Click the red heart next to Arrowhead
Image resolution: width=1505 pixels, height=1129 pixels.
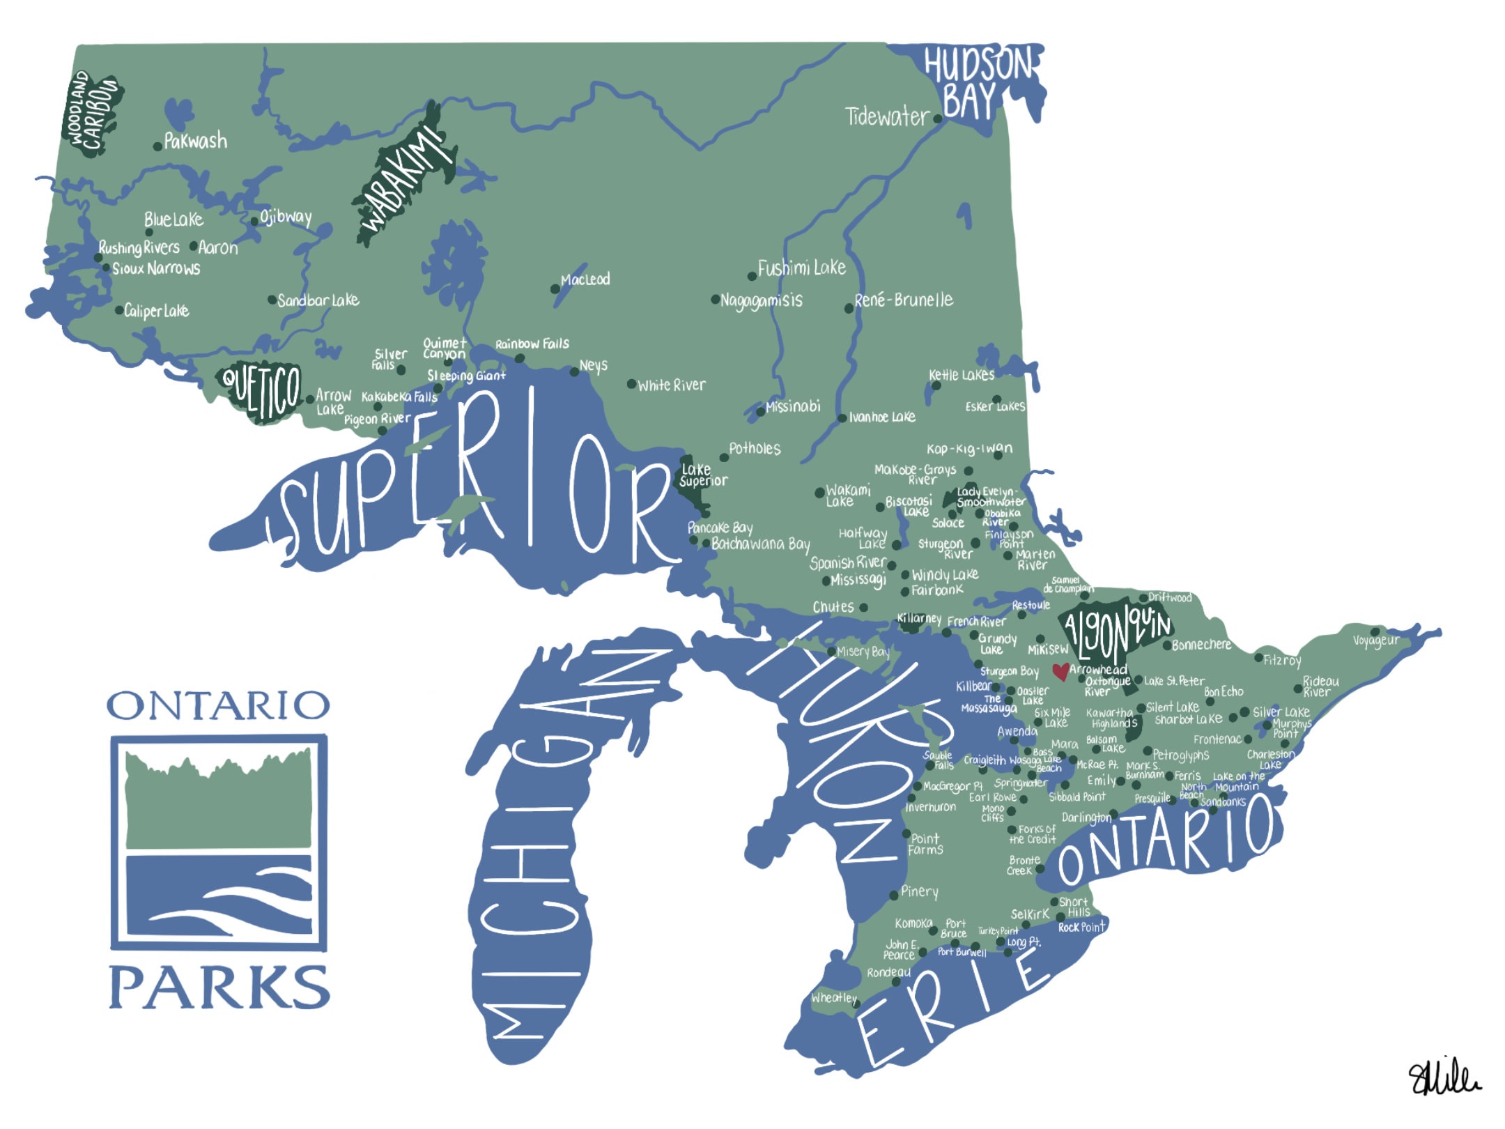coord(1060,671)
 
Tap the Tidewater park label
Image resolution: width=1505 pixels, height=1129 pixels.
coord(887,116)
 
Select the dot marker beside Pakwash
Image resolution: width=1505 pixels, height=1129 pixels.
coord(158,146)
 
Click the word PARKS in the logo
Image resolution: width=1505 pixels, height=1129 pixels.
coord(219,987)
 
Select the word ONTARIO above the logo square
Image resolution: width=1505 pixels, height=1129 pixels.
coord(218,706)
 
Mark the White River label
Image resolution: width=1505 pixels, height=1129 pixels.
coord(671,385)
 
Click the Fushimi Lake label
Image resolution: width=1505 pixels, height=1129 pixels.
coord(801,268)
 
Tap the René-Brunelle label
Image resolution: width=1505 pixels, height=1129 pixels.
coord(903,300)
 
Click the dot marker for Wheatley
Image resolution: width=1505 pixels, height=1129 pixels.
coord(856,1004)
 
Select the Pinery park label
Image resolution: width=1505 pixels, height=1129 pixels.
coord(919,891)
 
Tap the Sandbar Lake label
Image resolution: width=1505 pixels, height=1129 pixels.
coord(318,300)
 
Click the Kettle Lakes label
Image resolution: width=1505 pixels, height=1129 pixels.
coord(962,375)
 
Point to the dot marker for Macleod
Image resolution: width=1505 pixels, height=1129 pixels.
coord(555,289)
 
